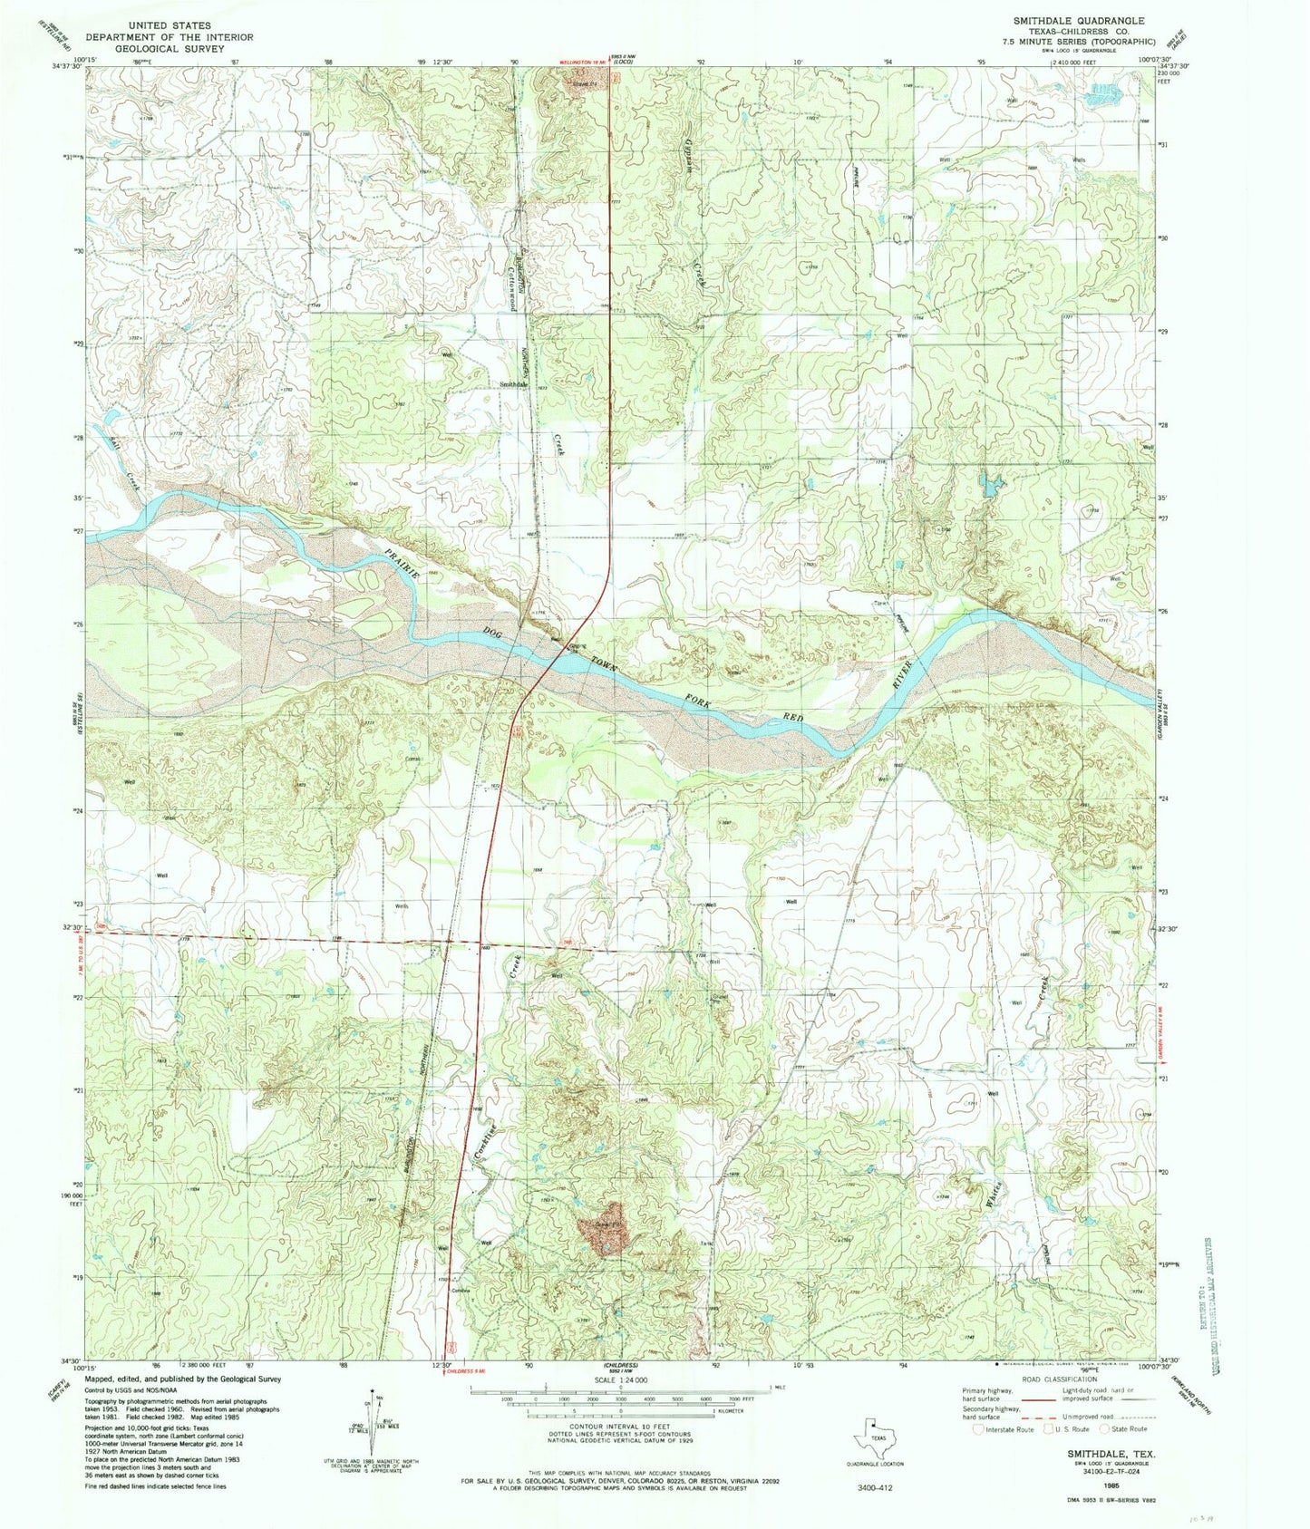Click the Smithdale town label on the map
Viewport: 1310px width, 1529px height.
[x=513, y=384]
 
